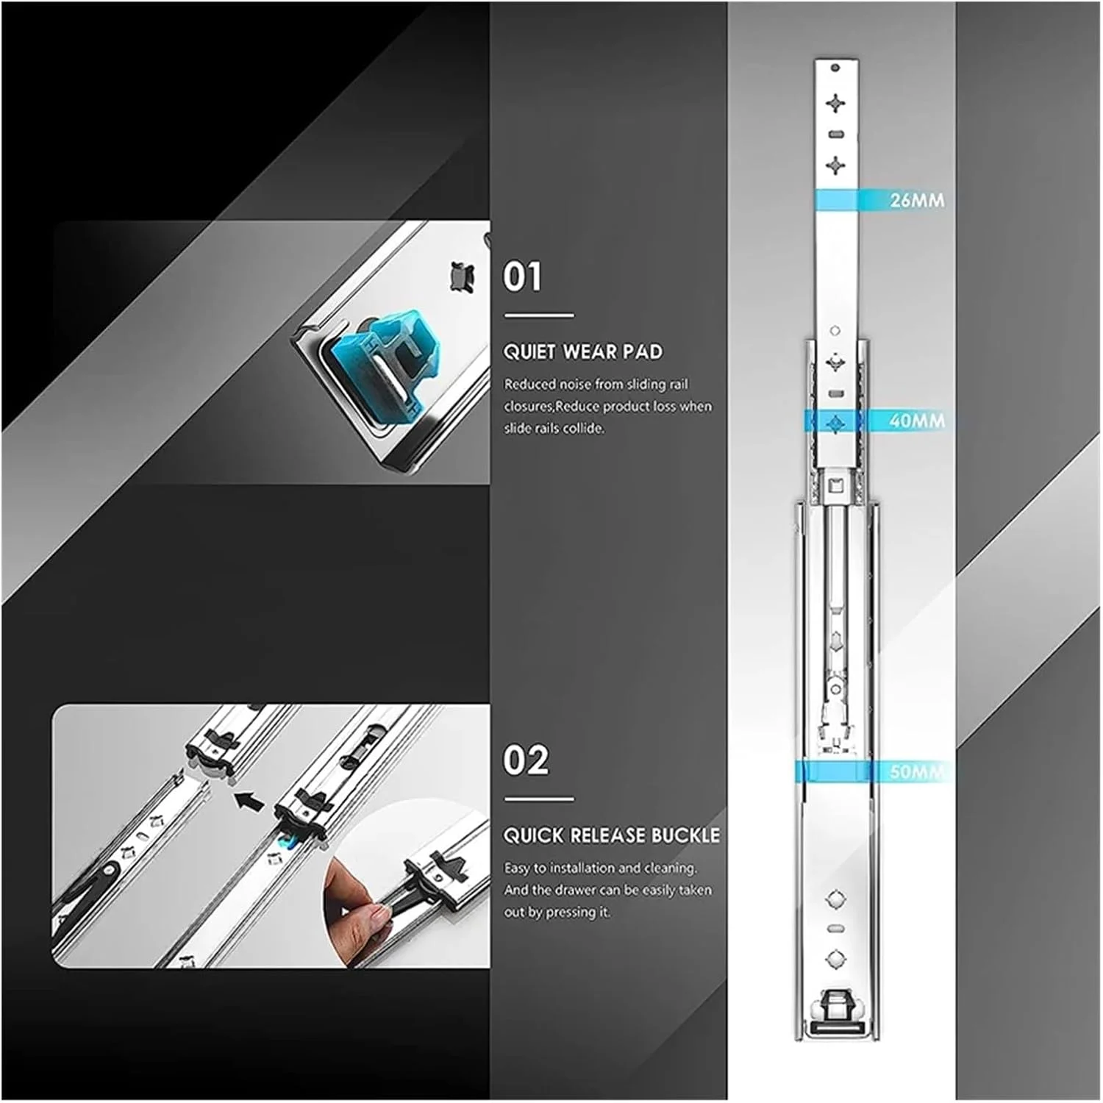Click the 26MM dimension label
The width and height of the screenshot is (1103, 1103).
point(917,200)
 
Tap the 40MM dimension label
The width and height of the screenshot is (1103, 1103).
point(917,421)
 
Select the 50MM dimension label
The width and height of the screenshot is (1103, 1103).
point(917,772)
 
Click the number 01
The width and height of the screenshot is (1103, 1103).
point(522,276)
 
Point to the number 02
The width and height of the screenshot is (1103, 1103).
point(526,760)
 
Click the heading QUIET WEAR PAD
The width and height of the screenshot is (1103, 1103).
point(582,351)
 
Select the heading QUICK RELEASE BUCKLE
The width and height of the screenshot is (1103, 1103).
point(612,835)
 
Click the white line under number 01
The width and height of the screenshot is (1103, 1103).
point(539,316)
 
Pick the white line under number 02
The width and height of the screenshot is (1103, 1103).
point(539,799)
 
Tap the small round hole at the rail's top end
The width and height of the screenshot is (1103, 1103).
point(835,68)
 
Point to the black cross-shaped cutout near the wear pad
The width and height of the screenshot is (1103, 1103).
point(461,276)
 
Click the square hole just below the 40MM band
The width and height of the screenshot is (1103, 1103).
point(835,484)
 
